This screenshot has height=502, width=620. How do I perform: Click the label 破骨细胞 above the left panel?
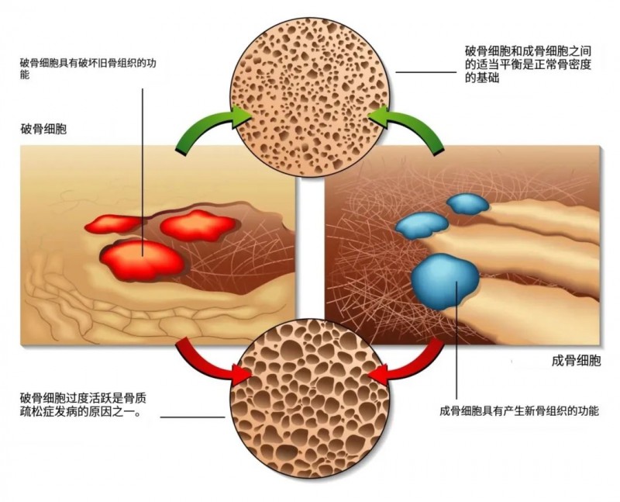pos(43,129)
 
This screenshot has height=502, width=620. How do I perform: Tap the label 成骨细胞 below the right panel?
pos(576,360)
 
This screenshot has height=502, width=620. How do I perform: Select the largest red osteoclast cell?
pos(143,261)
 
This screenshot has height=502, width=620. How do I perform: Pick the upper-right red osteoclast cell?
pos(198,226)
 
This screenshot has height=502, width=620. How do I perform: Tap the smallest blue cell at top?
pos(468,203)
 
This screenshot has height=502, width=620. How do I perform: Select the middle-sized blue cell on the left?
pos(422,226)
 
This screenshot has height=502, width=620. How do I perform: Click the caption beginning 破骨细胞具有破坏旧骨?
pos(88,68)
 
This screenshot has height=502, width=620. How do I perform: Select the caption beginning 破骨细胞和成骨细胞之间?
pos(528,64)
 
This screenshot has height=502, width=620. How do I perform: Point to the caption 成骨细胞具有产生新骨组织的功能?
pos(519,410)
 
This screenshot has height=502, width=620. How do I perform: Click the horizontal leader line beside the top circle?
pos(425,72)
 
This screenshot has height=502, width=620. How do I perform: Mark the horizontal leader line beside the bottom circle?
pos(192,417)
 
